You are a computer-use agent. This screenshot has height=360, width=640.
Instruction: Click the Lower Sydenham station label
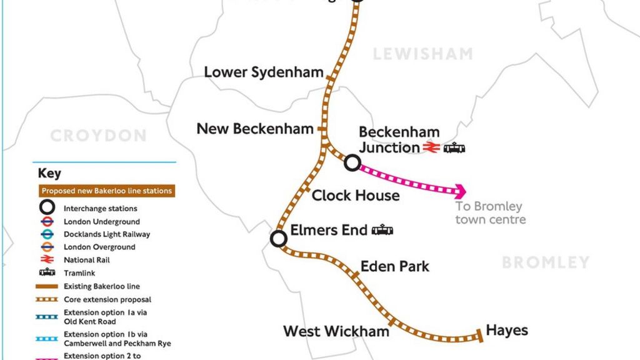point(263,72)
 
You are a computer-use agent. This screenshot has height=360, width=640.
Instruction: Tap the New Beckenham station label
point(255,129)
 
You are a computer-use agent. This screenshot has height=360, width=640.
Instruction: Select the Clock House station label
point(355,196)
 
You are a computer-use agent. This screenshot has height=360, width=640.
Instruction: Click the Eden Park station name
point(395,266)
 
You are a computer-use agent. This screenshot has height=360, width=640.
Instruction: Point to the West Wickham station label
point(336,331)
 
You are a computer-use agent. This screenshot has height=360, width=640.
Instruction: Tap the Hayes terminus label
point(507,330)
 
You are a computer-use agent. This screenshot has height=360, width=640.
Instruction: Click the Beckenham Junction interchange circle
point(352,163)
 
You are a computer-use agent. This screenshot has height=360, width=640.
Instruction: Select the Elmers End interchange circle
point(279,238)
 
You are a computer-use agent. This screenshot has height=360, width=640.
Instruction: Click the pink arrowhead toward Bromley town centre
point(461,191)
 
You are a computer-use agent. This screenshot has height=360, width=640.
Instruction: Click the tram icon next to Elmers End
point(382,230)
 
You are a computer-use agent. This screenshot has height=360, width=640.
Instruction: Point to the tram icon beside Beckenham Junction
point(454,148)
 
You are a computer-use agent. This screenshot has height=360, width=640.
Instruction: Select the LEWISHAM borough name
point(422,54)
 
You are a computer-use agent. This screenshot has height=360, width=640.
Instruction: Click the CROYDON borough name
point(98,136)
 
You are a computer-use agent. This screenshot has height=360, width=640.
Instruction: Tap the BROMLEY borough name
point(546,262)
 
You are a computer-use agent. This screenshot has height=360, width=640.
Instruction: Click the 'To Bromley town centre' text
point(490,212)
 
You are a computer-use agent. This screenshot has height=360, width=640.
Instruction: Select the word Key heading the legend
point(50,174)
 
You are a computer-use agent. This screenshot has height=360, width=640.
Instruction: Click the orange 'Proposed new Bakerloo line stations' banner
point(104,191)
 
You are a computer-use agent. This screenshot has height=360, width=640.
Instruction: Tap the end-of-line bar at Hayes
point(480,335)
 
